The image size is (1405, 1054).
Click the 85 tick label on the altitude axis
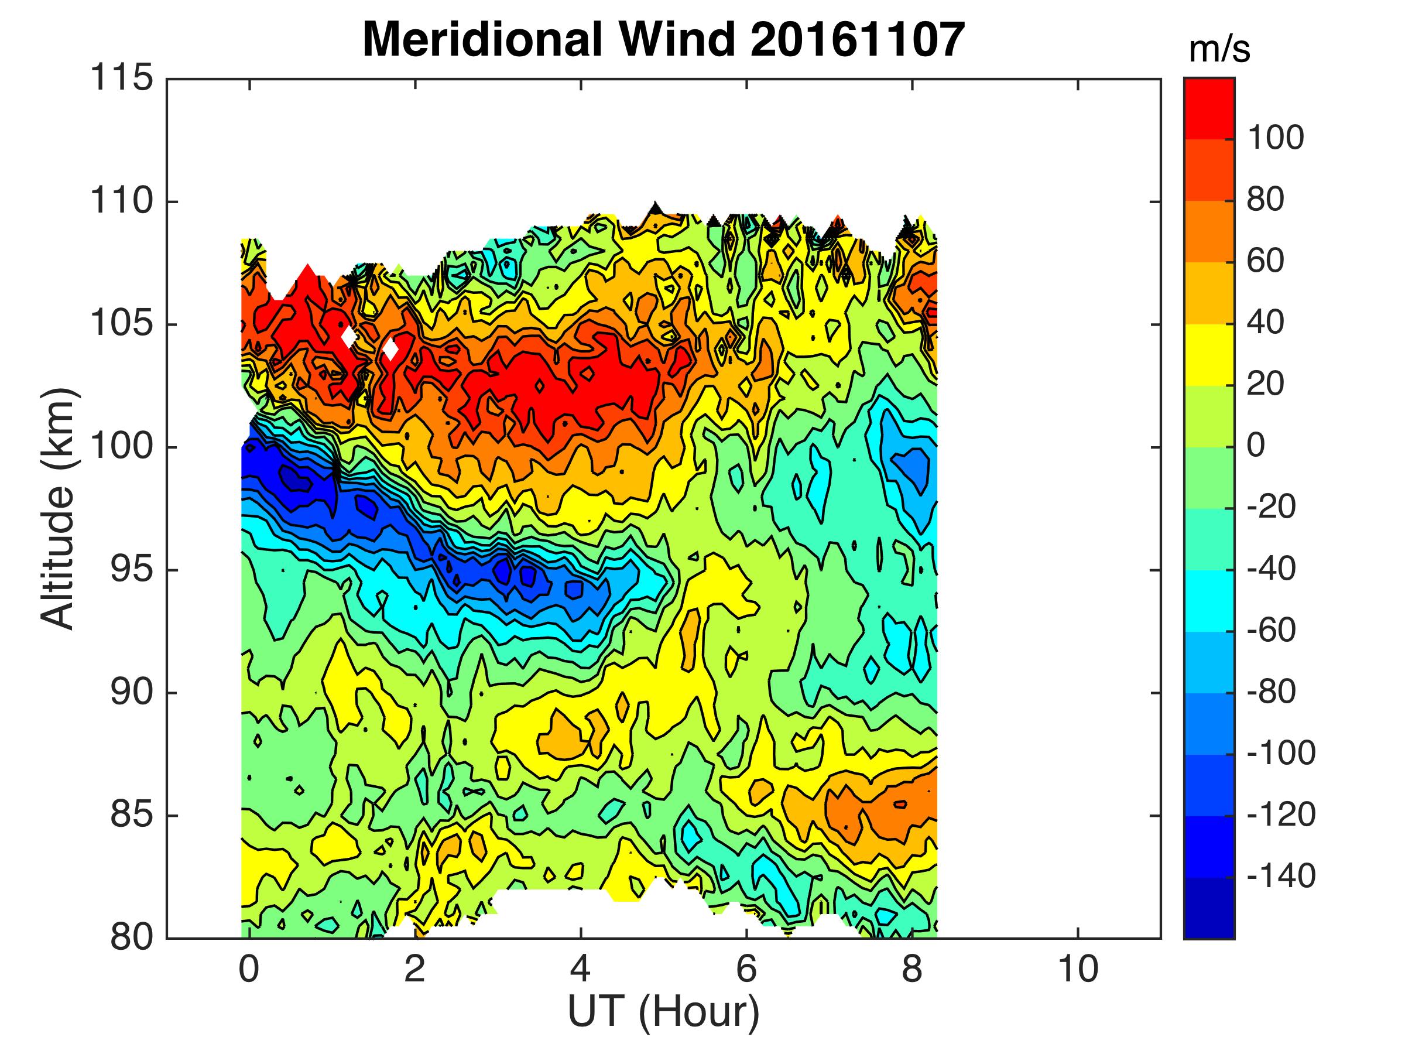tap(132, 815)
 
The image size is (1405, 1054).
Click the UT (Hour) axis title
tap(663, 1011)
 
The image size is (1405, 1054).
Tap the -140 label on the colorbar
tap(1280, 876)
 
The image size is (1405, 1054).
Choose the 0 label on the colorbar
tap(1256, 446)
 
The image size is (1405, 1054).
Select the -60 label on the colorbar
tap(1270, 630)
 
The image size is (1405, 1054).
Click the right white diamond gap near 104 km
tap(390, 349)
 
